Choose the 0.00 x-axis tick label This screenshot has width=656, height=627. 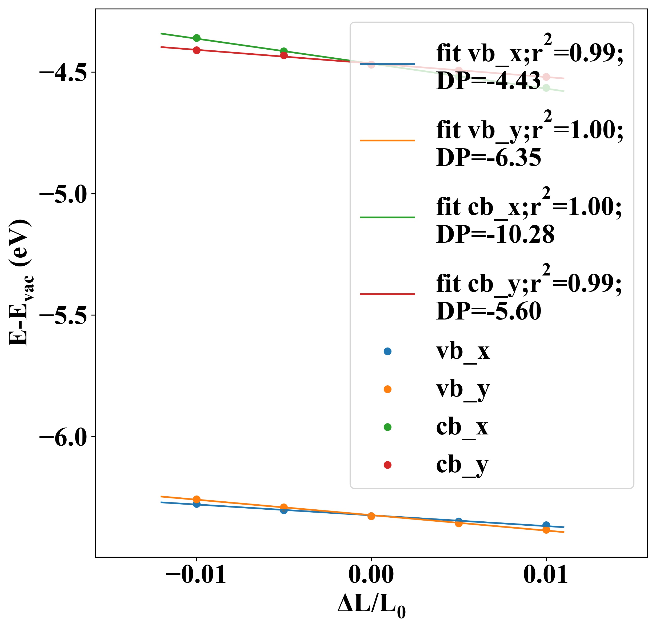pos(371,574)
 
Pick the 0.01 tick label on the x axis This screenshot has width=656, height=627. pos(545,574)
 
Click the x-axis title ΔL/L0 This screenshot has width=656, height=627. pos(371,605)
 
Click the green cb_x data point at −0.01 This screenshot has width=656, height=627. pos(197,38)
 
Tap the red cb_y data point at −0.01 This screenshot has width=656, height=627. pos(197,50)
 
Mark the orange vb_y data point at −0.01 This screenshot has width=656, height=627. pos(197,499)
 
